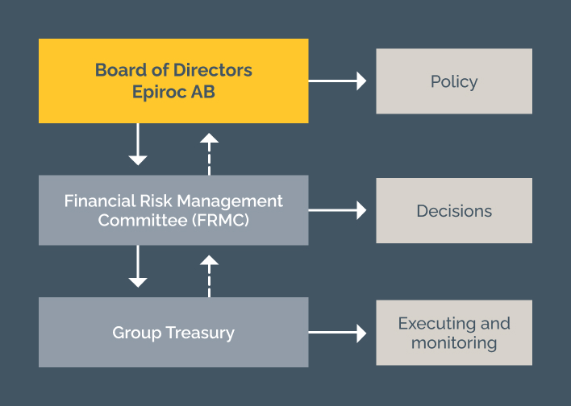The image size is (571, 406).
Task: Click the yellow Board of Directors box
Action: pos(173,81)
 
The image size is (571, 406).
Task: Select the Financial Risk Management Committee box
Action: pos(173,210)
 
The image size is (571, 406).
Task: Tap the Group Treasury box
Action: pos(173,332)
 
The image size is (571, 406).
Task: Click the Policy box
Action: pos(454,81)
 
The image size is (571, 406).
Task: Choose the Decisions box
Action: pos(454,211)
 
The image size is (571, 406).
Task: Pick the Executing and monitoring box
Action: pos(454,333)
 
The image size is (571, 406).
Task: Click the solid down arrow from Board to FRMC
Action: pos(138,146)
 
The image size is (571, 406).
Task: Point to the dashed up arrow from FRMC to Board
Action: pos(209,152)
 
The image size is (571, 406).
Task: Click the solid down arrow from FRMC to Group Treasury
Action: pos(138,267)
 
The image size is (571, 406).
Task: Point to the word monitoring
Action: pos(454,342)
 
